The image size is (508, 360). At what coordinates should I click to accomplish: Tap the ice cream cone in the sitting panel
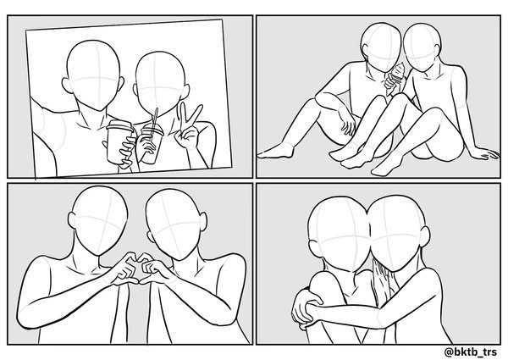pos(396,78)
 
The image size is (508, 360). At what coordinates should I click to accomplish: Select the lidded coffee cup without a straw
pos(119,141)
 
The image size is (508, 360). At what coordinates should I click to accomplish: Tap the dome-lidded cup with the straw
pos(152,142)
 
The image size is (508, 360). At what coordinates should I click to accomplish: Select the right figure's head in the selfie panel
pos(160,84)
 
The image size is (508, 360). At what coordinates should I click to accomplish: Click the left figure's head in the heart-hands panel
pos(98,220)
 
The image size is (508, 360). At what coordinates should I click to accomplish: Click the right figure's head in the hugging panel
pos(399,233)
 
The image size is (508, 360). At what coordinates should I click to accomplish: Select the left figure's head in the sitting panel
pos(381,47)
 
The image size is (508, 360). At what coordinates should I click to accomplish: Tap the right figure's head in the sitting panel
pos(421,47)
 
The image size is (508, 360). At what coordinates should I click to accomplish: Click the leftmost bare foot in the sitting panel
pos(275,151)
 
